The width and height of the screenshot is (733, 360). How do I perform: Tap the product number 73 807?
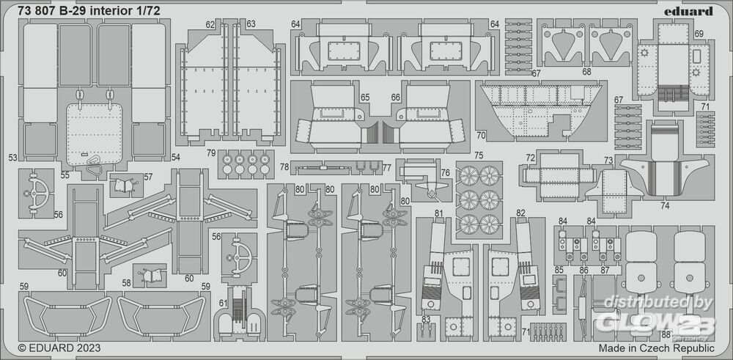(x=44, y=10)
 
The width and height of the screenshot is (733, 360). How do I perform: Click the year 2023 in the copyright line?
(x=86, y=348)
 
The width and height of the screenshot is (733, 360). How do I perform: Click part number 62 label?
(x=211, y=25)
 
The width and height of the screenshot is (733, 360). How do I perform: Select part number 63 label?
(x=251, y=25)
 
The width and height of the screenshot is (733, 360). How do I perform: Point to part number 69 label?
(x=699, y=34)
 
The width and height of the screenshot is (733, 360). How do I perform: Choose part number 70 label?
(x=481, y=135)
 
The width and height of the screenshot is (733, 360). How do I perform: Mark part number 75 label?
(x=479, y=155)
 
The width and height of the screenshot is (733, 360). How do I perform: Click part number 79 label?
(x=210, y=153)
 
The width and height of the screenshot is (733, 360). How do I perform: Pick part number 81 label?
(x=438, y=213)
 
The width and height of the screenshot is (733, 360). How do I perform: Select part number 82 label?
(x=521, y=213)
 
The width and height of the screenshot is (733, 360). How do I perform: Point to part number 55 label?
(x=65, y=176)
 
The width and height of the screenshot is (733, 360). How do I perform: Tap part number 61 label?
(x=224, y=304)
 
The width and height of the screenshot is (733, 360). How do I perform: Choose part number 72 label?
(x=530, y=158)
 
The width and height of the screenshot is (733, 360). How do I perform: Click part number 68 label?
(x=586, y=72)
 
